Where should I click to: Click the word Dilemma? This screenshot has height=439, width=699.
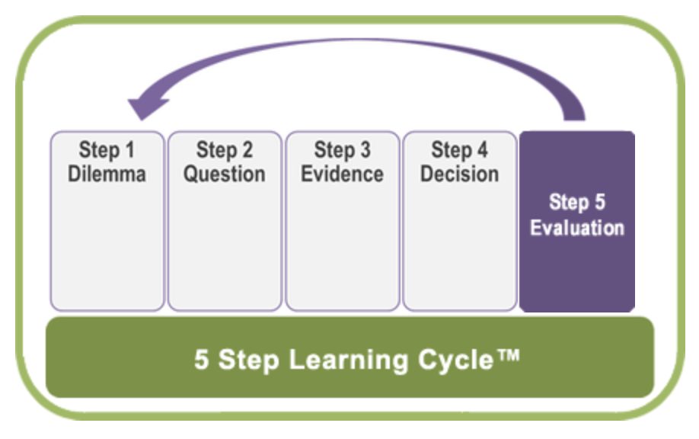click(107, 173)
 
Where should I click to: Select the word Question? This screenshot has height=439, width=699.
click(225, 173)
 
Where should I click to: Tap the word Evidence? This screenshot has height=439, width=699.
click(342, 173)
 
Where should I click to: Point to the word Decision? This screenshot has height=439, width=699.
click(459, 173)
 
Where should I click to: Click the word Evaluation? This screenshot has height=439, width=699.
click(577, 227)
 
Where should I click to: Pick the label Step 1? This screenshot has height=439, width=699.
click(107, 150)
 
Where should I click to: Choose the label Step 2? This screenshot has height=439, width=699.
click(225, 150)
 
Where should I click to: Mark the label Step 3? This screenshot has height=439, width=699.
click(342, 150)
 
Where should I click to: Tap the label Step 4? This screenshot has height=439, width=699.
click(459, 150)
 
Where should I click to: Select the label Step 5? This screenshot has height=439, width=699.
click(577, 203)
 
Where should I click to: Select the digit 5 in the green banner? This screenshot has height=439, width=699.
click(201, 359)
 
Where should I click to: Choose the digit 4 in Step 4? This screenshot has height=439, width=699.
click(482, 150)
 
